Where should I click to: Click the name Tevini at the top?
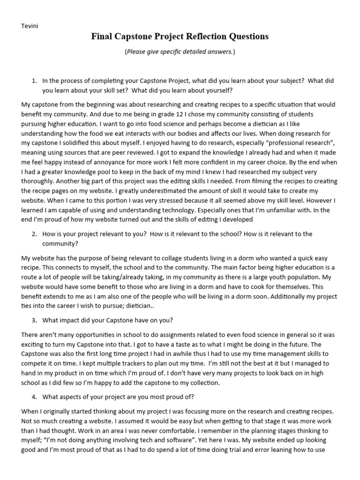30,26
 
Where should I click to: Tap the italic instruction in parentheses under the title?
180,52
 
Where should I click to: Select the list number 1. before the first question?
34,81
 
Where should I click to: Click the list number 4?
34,397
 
